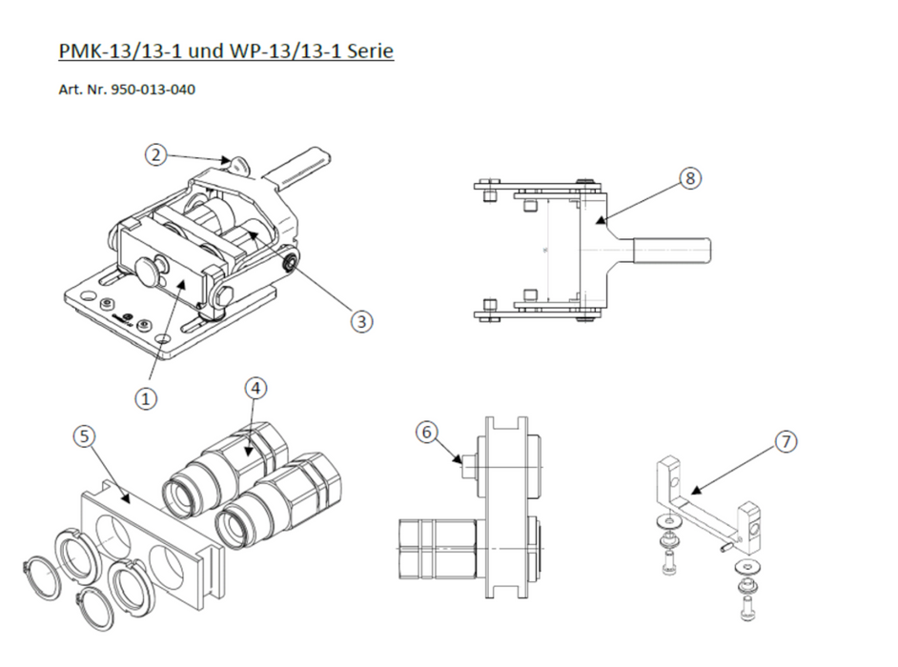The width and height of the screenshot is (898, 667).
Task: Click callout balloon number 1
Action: point(145,399)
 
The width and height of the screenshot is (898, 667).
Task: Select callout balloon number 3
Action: point(360,321)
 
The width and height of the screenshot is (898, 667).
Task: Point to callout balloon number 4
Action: point(255,388)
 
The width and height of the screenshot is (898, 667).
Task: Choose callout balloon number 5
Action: point(85,435)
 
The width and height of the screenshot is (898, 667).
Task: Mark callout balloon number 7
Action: point(784,442)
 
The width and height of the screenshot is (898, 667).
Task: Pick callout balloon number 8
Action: point(690,178)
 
